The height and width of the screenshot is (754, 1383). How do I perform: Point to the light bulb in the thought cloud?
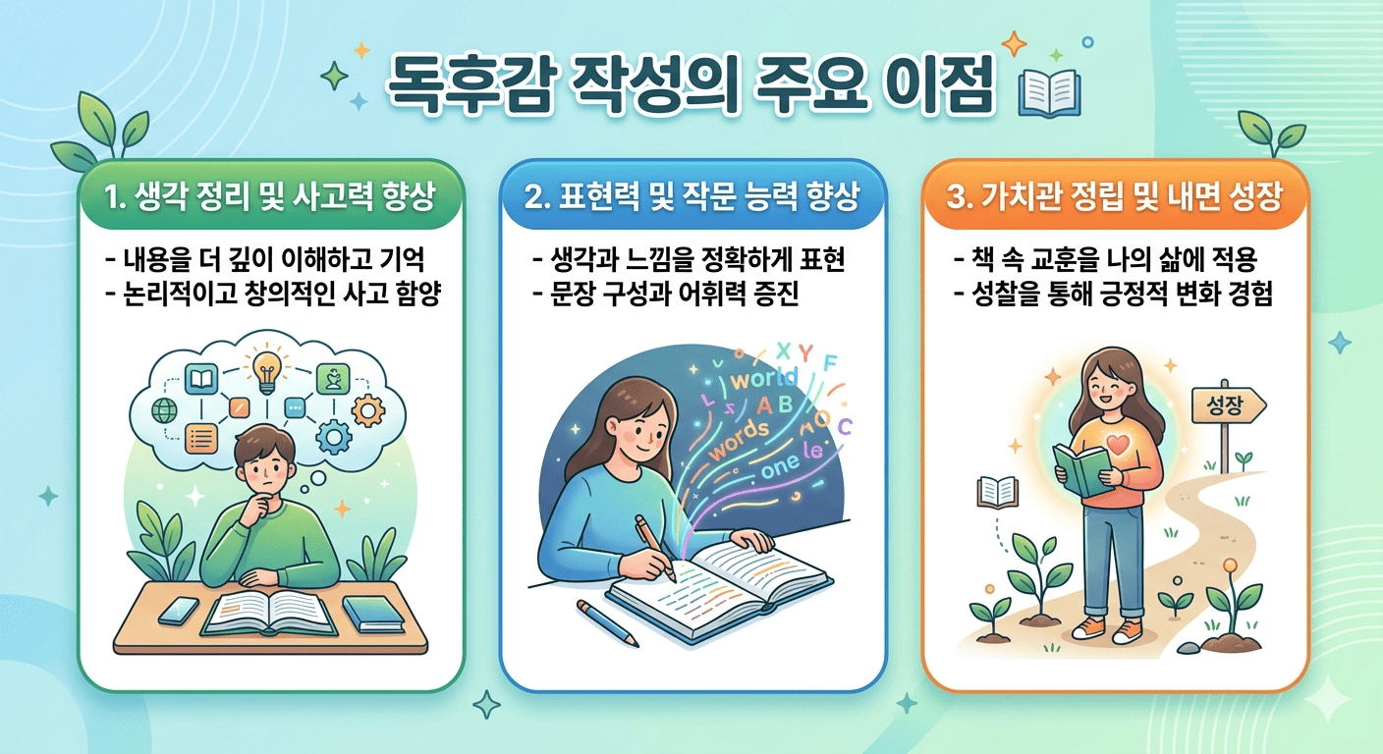click(266, 369)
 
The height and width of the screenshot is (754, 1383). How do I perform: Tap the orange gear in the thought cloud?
click(367, 409)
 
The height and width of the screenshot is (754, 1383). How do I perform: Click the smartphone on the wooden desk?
click(178, 610)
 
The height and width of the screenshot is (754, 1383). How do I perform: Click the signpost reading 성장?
click(1228, 404)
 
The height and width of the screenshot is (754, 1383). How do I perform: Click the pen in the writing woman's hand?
click(656, 545)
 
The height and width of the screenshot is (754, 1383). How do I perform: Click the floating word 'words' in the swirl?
click(740, 441)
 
